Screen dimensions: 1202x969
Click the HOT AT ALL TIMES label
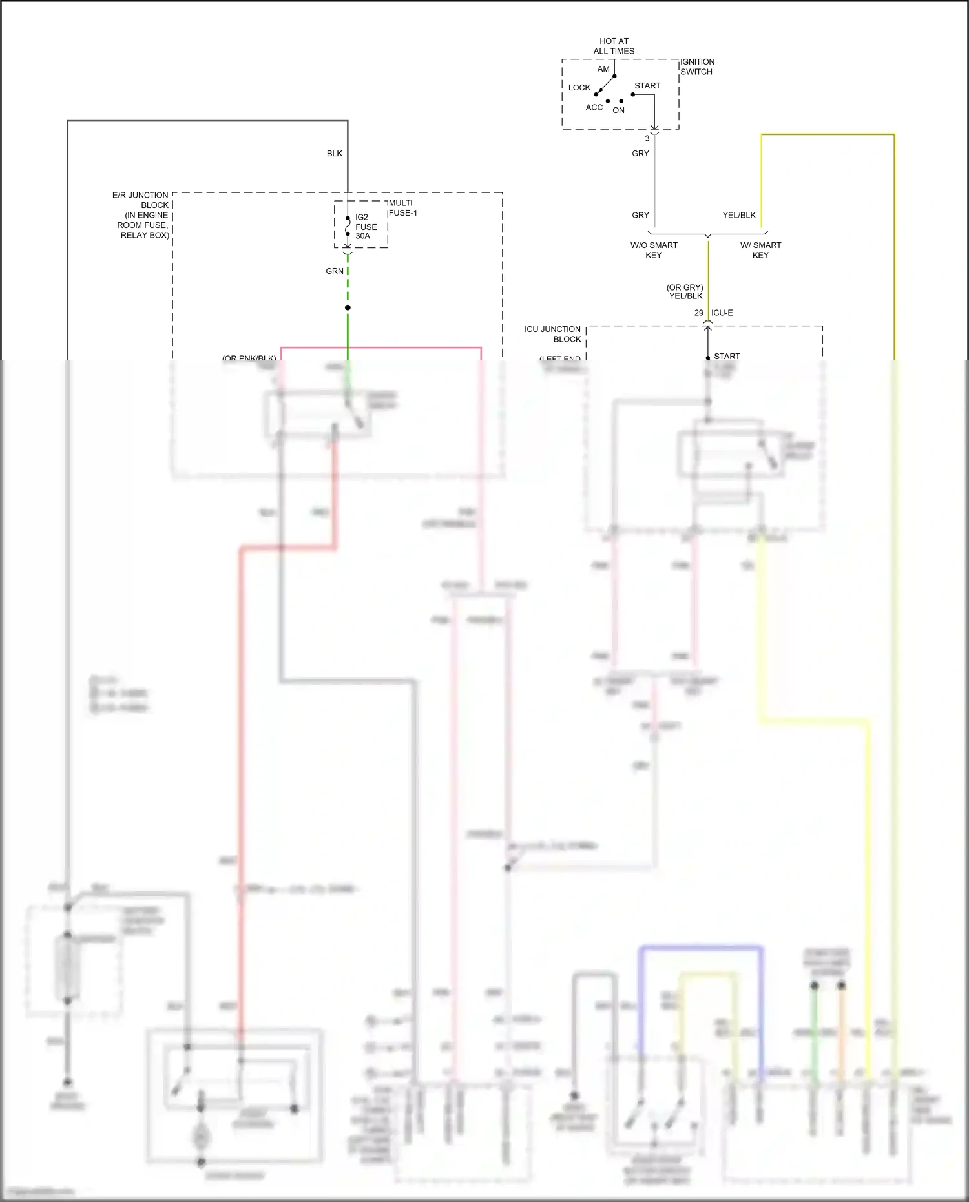(x=614, y=46)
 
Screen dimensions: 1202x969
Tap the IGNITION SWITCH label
(x=697, y=67)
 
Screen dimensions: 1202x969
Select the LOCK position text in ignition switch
(x=579, y=88)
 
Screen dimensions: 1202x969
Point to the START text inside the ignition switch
(x=647, y=86)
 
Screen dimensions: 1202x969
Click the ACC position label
(x=594, y=107)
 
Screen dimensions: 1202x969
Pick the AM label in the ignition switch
(x=603, y=69)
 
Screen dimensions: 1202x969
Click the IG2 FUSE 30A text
(x=366, y=227)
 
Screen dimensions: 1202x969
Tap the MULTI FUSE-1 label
(x=402, y=208)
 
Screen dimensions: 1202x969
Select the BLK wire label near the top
(x=334, y=154)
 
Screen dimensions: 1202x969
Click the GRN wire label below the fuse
(x=334, y=271)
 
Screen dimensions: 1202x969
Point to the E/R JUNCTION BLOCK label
(x=141, y=214)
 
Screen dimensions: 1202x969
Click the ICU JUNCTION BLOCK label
(x=553, y=334)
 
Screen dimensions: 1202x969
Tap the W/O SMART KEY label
(x=654, y=250)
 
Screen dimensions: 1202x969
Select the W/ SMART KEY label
(x=760, y=250)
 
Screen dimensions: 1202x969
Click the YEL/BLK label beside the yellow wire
(x=738, y=215)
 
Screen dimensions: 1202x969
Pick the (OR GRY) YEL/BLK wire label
(x=685, y=292)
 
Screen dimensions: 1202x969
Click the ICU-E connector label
(x=722, y=313)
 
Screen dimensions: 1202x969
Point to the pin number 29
(x=698, y=313)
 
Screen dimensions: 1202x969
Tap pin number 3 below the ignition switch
(x=647, y=138)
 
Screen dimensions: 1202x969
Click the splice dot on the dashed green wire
(x=348, y=307)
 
